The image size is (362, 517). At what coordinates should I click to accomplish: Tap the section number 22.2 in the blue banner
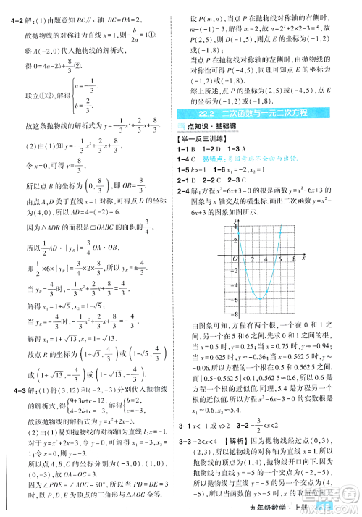tap(201, 112)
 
